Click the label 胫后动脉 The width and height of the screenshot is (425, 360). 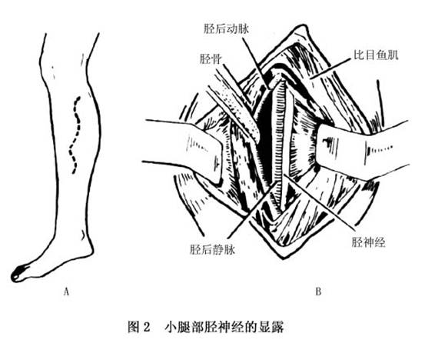click(x=227, y=29)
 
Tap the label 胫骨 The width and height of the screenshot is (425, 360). click(x=211, y=58)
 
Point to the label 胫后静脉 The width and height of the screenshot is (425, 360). click(x=212, y=249)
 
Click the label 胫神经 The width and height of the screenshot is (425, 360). click(x=368, y=242)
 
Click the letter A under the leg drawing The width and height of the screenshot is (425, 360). click(x=66, y=292)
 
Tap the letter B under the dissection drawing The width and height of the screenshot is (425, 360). click(x=318, y=292)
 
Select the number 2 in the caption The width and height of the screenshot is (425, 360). click(x=146, y=327)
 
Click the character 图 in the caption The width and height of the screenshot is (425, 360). click(x=134, y=327)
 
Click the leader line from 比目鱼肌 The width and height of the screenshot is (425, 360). click(x=329, y=69)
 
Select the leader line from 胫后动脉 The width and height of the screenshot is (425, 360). click(x=256, y=63)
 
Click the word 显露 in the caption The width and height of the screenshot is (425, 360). click(x=271, y=327)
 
